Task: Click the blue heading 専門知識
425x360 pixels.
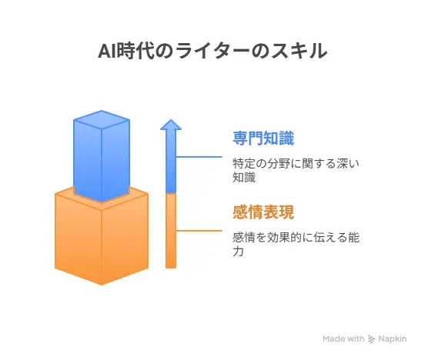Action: (x=263, y=138)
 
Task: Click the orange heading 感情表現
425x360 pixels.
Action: (x=263, y=212)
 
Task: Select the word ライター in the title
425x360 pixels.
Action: (x=212, y=51)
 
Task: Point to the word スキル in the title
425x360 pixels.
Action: (x=300, y=51)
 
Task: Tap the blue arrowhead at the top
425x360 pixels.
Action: (x=171, y=125)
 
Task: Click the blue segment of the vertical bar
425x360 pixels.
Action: (x=171, y=162)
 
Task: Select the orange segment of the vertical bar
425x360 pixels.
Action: (x=171, y=231)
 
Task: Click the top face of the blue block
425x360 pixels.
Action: (x=102, y=119)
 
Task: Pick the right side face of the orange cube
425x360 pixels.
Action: (x=125, y=239)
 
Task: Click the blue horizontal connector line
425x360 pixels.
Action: (x=199, y=157)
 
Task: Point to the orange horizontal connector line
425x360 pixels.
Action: (x=199, y=231)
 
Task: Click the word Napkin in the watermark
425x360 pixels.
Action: (x=392, y=338)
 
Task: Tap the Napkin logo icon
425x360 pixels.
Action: (x=371, y=339)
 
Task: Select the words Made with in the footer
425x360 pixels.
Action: (x=343, y=338)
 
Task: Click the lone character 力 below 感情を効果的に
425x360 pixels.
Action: (x=238, y=252)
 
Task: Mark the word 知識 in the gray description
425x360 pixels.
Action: (x=244, y=178)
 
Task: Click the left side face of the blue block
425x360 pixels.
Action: (x=88, y=161)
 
